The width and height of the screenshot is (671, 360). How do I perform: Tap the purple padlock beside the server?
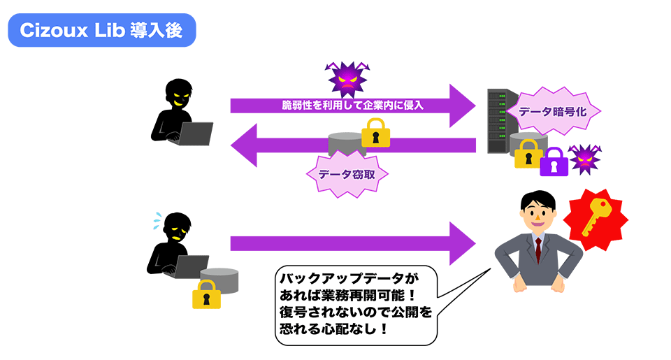pyautogui.click(x=554, y=163)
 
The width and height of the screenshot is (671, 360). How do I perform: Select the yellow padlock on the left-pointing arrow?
pyautogui.click(x=375, y=134)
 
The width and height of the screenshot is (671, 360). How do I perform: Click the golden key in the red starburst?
pyautogui.click(x=596, y=217)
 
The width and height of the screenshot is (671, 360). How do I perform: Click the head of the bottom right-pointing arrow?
pyautogui.click(x=461, y=243)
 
